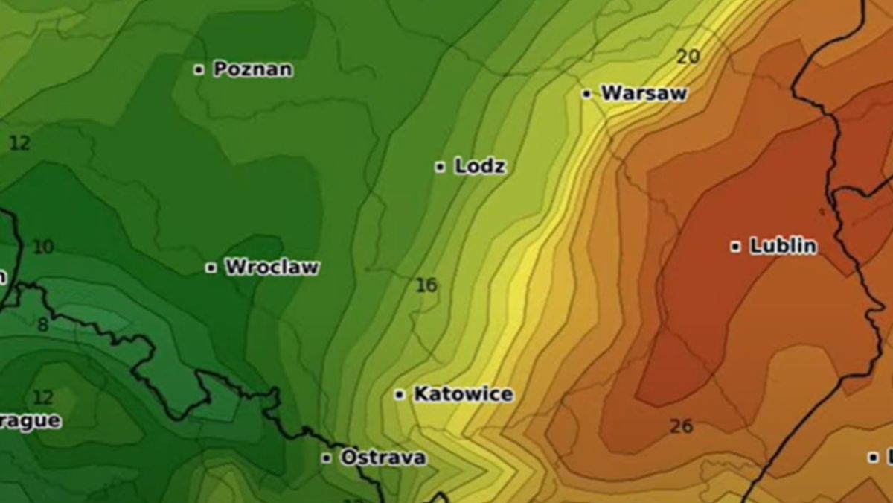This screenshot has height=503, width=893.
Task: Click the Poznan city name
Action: [252, 69]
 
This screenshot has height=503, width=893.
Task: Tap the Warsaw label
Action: [643, 93]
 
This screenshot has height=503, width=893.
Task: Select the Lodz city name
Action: [480, 166]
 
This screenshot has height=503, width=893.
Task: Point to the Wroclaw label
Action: [272, 267]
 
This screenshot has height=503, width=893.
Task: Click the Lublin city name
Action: [783, 246]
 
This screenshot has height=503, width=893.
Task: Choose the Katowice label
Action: [463, 394]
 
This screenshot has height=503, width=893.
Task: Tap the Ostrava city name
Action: [383, 458]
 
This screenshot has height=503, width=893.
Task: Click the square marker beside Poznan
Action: [199, 70]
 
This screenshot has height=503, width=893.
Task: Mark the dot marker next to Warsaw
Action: [586, 94]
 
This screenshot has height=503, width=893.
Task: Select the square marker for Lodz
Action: [440, 167]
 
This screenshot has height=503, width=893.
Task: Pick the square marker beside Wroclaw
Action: [211, 268]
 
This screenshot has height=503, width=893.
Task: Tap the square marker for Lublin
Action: [735, 247]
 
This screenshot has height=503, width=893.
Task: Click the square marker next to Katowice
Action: [400, 395]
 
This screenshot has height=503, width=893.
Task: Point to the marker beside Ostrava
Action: [326, 458]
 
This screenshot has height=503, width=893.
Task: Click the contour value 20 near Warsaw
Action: [688, 57]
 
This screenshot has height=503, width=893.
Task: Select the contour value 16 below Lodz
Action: [426, 285]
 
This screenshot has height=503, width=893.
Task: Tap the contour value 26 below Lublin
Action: [681, 426]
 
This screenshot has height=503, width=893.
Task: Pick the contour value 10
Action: [43, 247]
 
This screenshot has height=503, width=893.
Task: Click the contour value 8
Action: [42, 325]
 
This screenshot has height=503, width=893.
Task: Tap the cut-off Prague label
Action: [30, 421]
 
